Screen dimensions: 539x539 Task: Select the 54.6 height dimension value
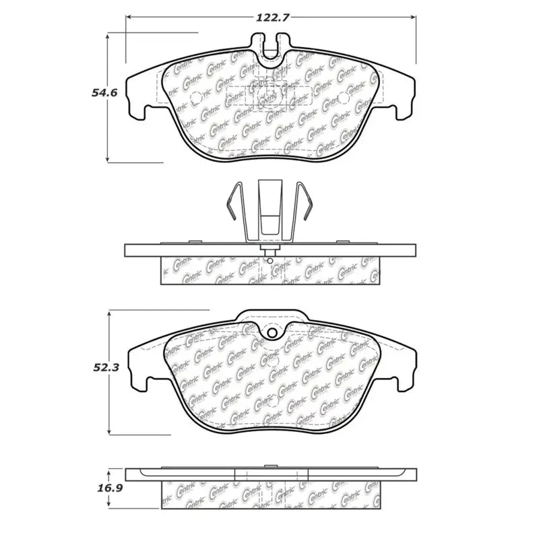click(x=105, y=94)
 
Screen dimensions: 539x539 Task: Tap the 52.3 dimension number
click(x=105, y=367)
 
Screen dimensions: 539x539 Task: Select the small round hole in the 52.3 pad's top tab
click(x=272, y=334)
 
